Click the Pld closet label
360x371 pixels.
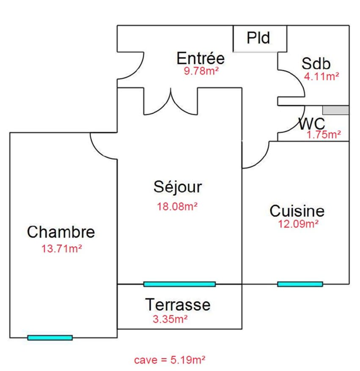(258, 38)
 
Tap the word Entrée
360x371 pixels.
(201, 58)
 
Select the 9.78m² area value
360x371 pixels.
(201, 71)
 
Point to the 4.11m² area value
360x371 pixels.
(322, 76)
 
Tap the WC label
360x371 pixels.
(312, 124)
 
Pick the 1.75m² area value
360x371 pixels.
(324, 134)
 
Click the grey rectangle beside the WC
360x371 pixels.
(336, 110)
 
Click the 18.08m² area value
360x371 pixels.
(178, 207)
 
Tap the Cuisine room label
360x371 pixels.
(297, 210)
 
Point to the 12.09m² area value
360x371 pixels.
(298, 224)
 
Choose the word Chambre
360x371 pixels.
(61, 232)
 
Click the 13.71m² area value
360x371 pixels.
(61, 248)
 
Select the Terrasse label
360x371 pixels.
(178, 304)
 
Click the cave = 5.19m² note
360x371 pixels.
(170, 360)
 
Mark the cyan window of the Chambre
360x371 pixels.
(50, 338)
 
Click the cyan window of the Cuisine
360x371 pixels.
(300, 284)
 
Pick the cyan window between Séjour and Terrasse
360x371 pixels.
(179, 284)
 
